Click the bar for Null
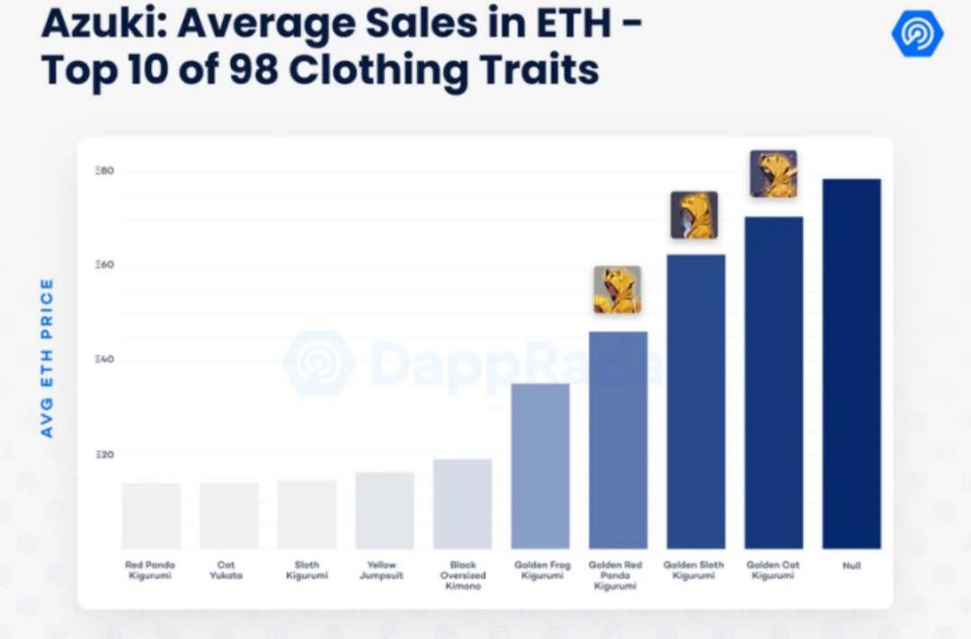(851, 363)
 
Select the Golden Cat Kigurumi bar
(774, 382)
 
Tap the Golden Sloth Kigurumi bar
(696, 401)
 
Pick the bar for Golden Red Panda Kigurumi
(618, 439)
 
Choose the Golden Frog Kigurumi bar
(540, 466)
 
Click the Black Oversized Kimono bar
(462, 503)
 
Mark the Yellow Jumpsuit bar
(385, 510)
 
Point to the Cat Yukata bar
(229, 515)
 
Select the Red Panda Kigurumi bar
(151, 515)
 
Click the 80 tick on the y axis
(104, 171)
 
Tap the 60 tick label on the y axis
(104, 266)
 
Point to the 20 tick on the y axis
(104, 455)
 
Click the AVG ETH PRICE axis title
(47, 358)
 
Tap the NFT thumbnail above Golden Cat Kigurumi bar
(773, 173)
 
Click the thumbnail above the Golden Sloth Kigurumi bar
(694, 215)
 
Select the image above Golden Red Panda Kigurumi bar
(617, 289)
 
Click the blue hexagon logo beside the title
(916, 34)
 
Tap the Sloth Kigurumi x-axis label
(307, 570)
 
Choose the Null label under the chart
(851, 565)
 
